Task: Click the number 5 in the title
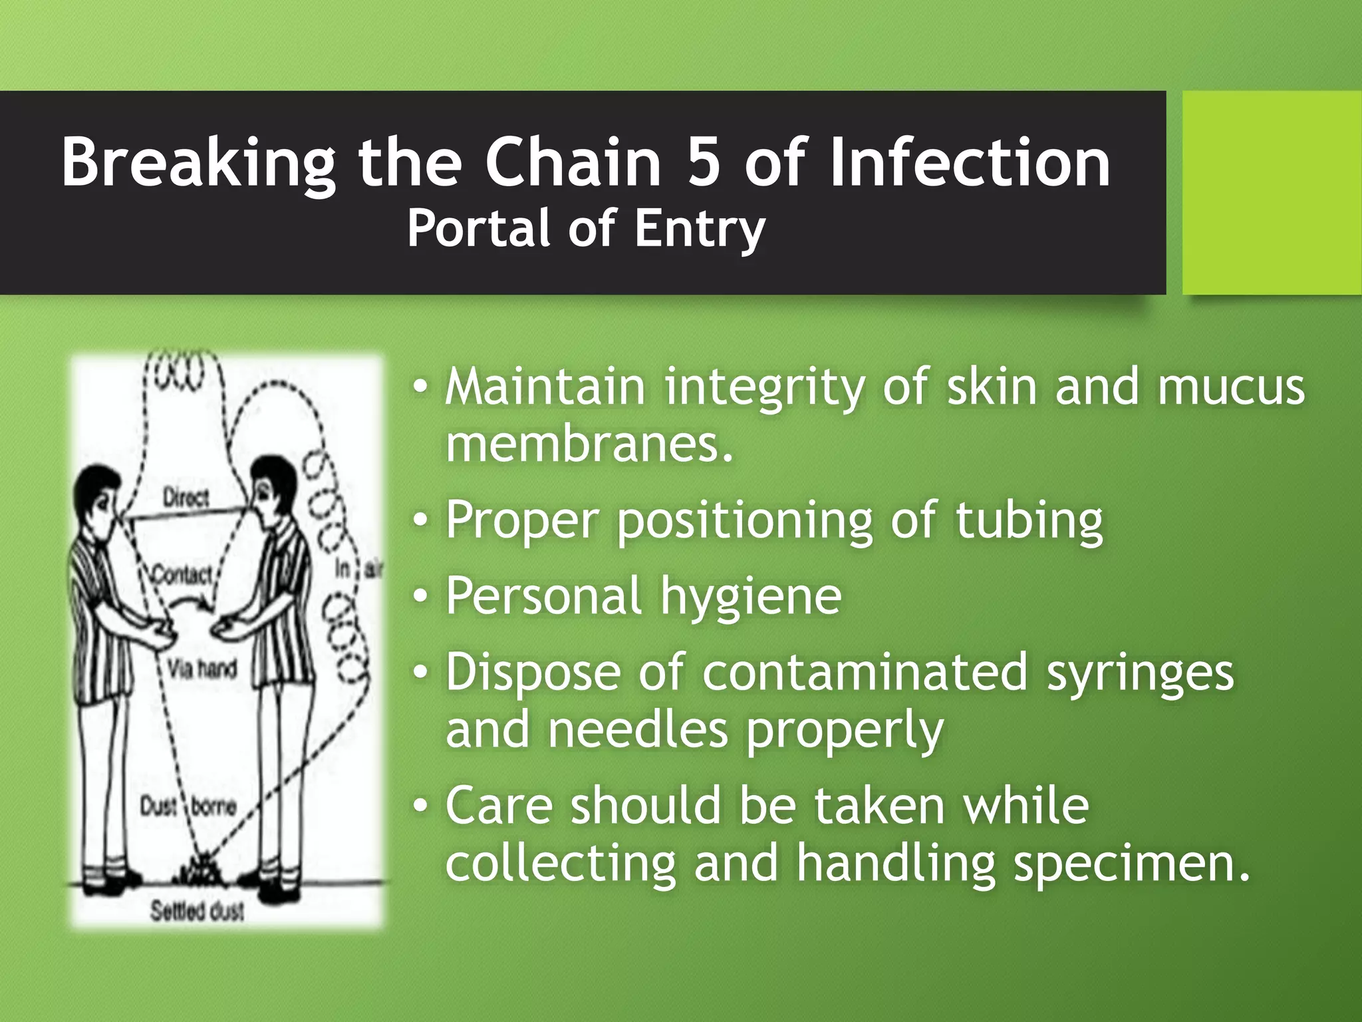704,162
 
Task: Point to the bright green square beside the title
1272,193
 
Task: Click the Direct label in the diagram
186,498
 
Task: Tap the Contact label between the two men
182,574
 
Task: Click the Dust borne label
188,807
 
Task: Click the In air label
358,570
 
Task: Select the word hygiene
751,596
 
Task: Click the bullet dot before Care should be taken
420,804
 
